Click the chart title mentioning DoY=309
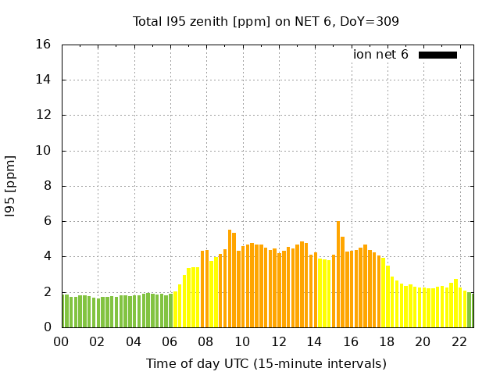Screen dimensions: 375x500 point(266,21)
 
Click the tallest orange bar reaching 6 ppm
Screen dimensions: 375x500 point(338,273)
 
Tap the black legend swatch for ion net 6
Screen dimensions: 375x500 point(437,55)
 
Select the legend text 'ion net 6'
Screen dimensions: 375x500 point(380,55)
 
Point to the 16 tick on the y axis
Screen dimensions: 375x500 point(45,45)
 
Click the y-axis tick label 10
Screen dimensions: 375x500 point(45,151)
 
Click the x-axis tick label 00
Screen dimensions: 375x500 point(61,341)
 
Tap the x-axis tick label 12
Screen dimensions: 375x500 point(278,341)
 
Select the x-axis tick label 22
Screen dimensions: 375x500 point(459,341)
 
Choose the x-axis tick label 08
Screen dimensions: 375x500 point(205,341)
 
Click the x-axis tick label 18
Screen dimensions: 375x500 point(387,341)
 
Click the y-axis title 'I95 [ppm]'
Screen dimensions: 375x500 point(11,186)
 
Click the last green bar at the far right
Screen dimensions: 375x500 point(470,309)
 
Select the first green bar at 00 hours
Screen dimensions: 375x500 point(65,311)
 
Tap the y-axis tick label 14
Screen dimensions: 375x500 point(45,80)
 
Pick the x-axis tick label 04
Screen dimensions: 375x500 point(134,341)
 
